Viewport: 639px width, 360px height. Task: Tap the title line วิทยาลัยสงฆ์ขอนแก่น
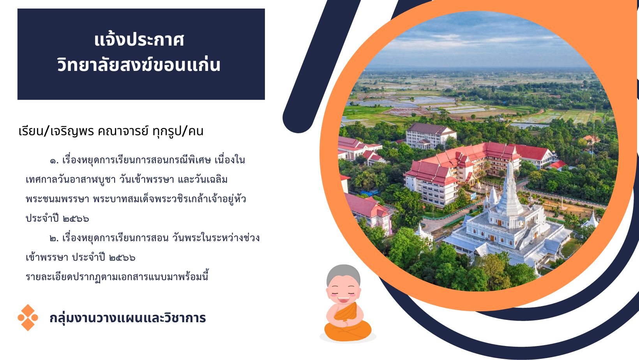[139, 64]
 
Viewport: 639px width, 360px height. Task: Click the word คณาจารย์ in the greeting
[123, 131]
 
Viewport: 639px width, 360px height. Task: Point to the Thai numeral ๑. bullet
[54, 161]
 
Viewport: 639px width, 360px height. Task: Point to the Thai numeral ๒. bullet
[54, 238]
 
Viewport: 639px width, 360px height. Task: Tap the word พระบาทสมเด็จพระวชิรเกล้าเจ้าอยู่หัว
[169, 199]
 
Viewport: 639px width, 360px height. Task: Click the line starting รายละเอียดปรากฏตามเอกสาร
[117, 277]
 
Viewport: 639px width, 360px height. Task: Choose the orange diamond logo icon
[28, 318]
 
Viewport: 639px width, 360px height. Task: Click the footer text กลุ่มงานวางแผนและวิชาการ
[127, 318]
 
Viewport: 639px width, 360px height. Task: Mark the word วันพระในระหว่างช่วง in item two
[216, 238]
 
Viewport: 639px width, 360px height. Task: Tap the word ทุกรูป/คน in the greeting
[178, 131]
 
